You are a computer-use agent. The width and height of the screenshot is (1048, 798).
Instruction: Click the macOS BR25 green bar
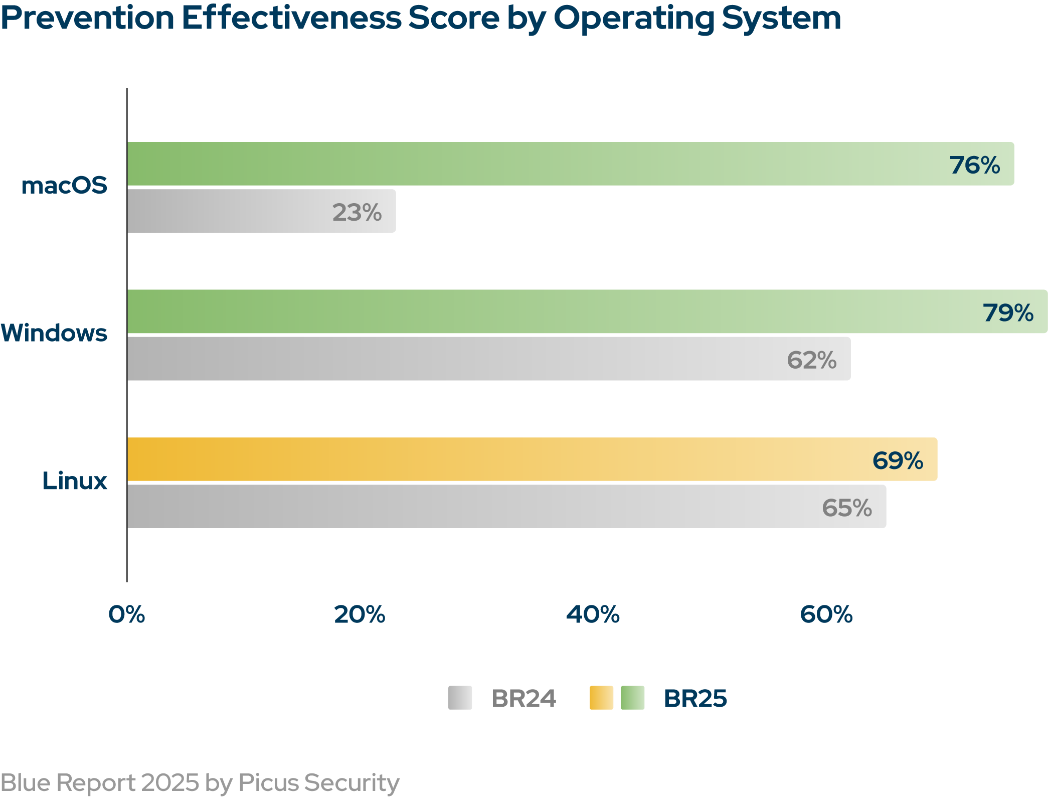click(x=552, y=164)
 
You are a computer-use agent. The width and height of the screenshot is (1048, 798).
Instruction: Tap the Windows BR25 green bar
click(x=552, y=311)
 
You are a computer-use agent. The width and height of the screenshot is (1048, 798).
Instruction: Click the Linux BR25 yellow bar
click(x=501, y=459)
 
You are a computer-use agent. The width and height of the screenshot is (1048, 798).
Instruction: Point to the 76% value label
click(x=974, y=165)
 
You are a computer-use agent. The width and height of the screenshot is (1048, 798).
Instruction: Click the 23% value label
click(x=357, y=212)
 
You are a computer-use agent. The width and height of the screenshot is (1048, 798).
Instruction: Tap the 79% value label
click(x=1008, y=312)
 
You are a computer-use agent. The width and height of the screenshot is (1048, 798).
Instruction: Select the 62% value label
click(x=811, y=360)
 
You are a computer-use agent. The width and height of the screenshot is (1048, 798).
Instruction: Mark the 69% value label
click(x=898, y=460)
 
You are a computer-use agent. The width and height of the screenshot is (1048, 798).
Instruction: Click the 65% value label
click(x=847, y=508)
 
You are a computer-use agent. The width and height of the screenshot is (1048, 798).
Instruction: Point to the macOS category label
click(x=64, y=185)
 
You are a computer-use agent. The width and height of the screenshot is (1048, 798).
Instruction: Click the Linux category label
click(x=75, y=481)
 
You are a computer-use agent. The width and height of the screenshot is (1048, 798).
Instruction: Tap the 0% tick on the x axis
click(x=127, y=614)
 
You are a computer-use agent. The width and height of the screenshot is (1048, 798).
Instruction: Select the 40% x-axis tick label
click(x=593, y=614)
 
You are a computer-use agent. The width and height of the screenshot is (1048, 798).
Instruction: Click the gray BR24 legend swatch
click(x=460, y=698)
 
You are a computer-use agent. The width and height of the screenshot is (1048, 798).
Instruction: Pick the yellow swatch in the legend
click(x=601, y=698)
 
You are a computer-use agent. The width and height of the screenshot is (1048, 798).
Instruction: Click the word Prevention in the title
click(x=87, y=19)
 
